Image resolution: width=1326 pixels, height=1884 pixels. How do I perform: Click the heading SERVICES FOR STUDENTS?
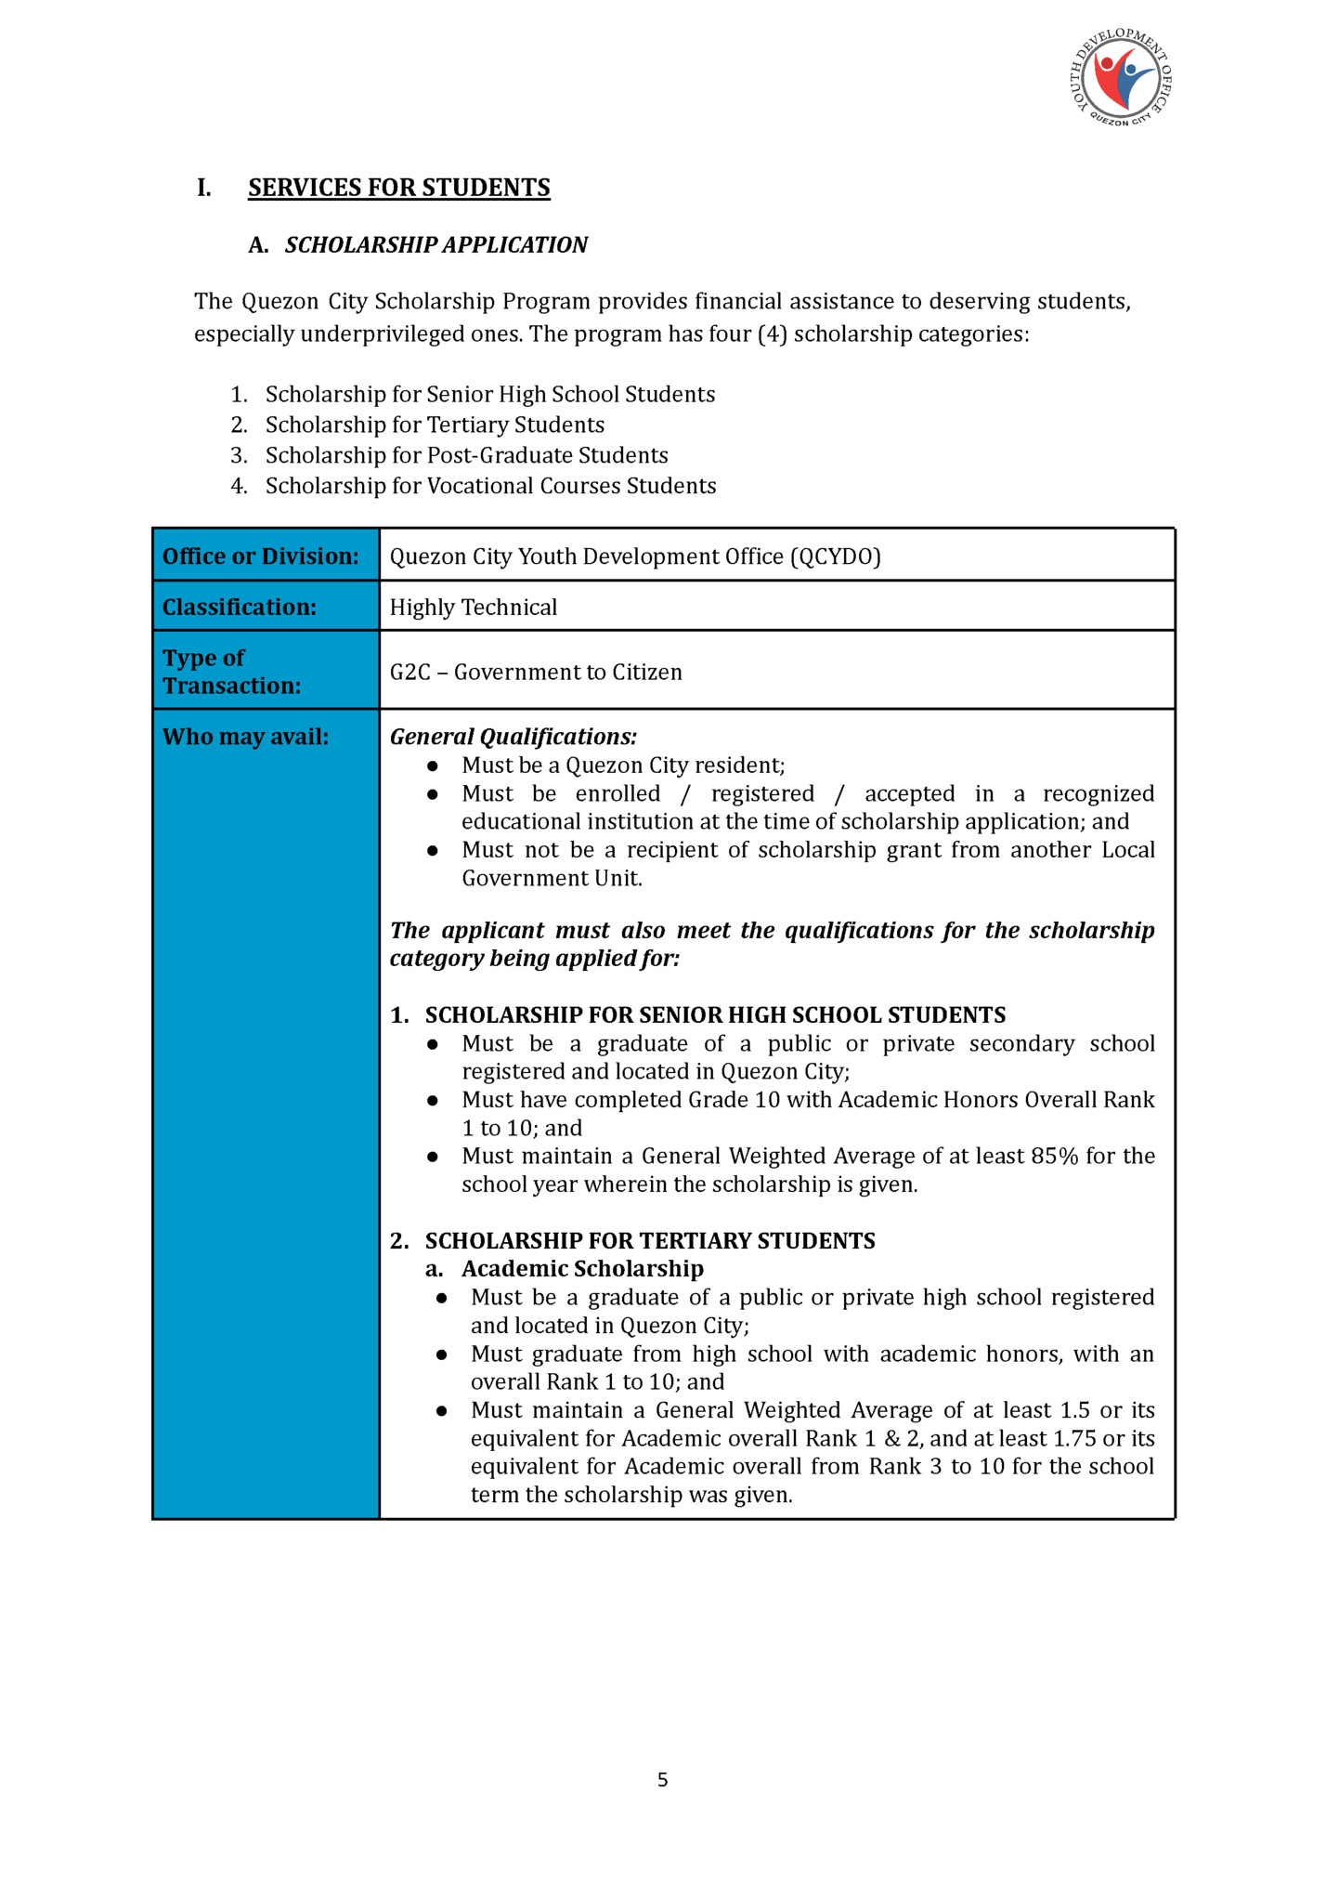pos(398,188)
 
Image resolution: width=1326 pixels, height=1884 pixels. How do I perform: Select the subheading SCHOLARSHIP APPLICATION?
pos(435,245)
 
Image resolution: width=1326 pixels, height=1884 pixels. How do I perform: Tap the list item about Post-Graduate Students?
pos(466,455)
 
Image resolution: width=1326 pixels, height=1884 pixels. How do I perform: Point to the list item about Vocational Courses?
pos(490,486)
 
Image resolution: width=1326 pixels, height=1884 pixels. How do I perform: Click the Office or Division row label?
pos(260,556)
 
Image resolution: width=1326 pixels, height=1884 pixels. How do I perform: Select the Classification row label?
pos(239,608)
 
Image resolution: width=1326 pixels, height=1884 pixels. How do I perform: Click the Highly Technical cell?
pos(473,608)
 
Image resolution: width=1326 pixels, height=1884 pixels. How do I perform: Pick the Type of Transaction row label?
pos(231,672)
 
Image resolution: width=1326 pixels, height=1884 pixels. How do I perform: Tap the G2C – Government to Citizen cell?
pos(536,673)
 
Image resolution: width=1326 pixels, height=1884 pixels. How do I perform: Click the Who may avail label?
pos(245,737)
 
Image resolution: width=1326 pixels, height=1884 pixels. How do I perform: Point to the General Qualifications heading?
pos(513,737)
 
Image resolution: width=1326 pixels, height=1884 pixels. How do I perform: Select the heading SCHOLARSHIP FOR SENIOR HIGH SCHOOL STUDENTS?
pos(715,1015)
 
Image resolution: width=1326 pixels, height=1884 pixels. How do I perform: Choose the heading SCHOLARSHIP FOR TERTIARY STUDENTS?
pos(649,1241)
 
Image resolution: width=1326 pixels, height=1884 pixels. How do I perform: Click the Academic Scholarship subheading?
pos(582,1269)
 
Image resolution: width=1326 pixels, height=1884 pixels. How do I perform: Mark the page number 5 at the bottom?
pos(662,1780)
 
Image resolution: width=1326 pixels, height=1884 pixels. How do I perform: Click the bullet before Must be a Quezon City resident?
pos(432,766)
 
